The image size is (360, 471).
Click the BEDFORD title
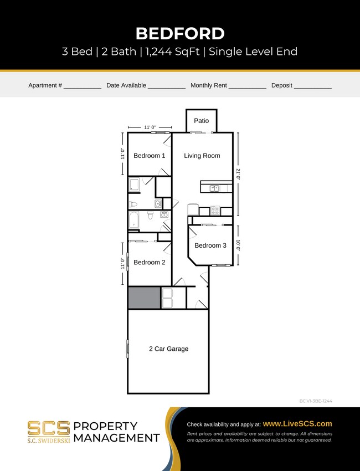[x=180, y=33]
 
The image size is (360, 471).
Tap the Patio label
[x=201, y=121]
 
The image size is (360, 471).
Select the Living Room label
[x=202, y=156]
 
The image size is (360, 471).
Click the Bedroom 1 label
[x=149, y=156]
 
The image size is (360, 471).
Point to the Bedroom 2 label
[x=149, y=262]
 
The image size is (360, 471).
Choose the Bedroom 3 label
[x=210, y=245]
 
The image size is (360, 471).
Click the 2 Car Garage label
[x=168, y=349]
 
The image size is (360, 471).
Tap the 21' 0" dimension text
[x=239, y=175]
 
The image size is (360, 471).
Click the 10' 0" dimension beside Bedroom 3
[x=239, y=245]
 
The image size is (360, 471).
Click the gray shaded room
[x=144, y=298]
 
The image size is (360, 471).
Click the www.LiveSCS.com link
[x=297, y=423]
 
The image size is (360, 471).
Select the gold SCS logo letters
[x=49, y=427]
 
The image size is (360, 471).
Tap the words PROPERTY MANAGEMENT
[x=116, y=432]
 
